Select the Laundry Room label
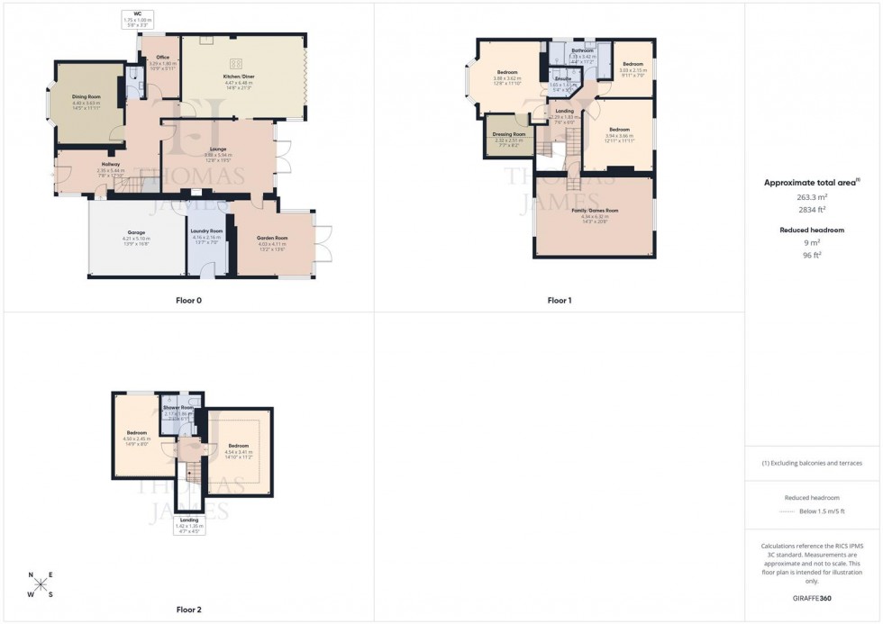click(206, 232)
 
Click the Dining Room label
click(86, 96)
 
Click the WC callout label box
click(138, 17)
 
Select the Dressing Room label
click(508, 134)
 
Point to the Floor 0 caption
click(188, 300)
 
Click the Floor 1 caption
click(559, 300)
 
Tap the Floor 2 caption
click(188, 610)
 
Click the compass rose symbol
click(41, 584)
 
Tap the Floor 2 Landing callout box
click(189, 525)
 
